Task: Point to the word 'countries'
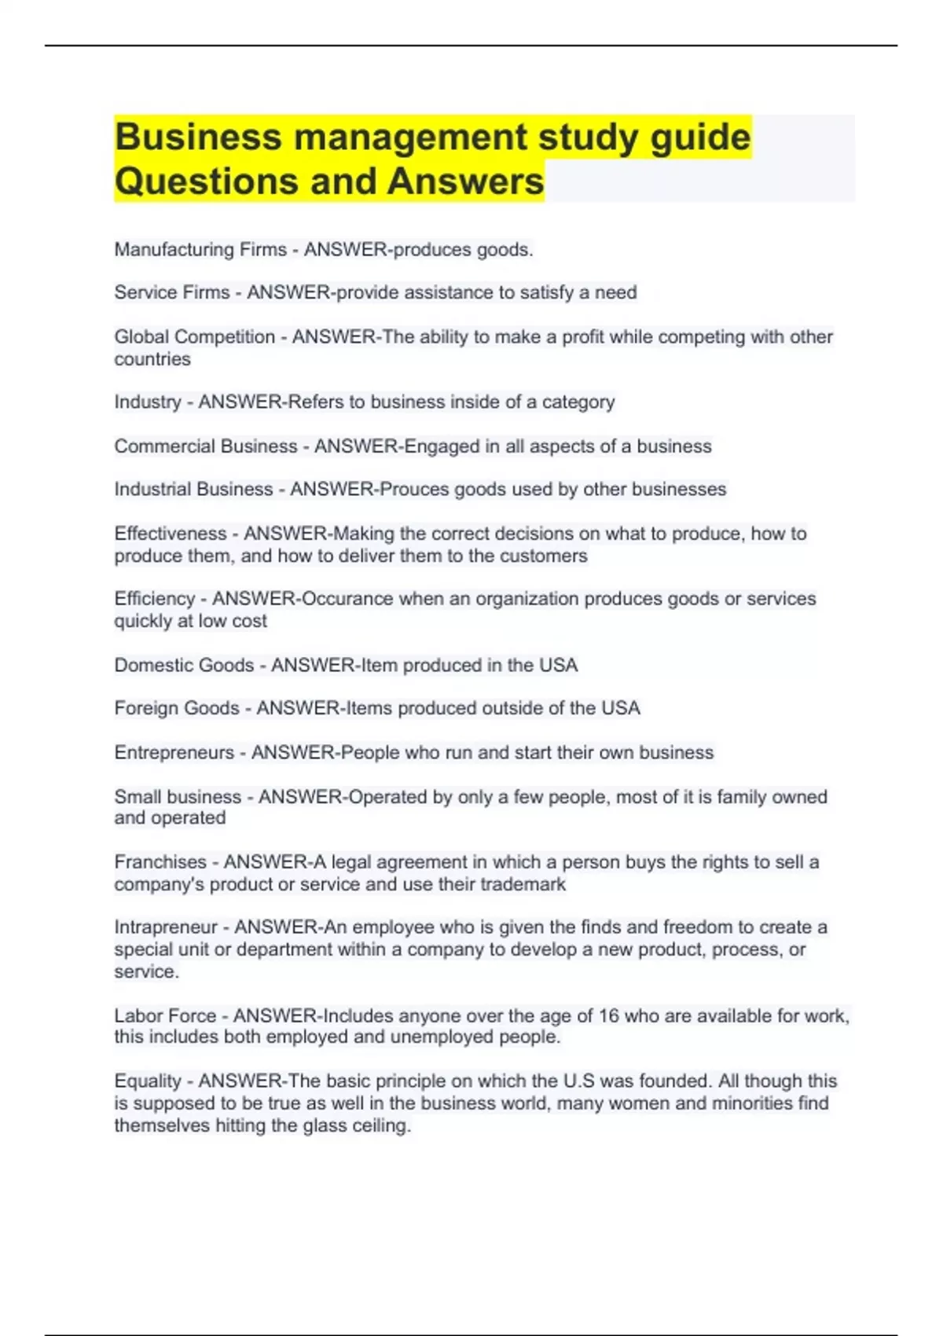pos(152,359)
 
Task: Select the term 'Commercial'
pos(163,446)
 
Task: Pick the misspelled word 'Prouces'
pos(413,490)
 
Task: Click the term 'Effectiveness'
pos(170,534)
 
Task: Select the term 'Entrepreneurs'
pos(174,753)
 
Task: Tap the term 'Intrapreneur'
pos(165,927)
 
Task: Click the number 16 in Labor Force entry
pos(608,1016)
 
